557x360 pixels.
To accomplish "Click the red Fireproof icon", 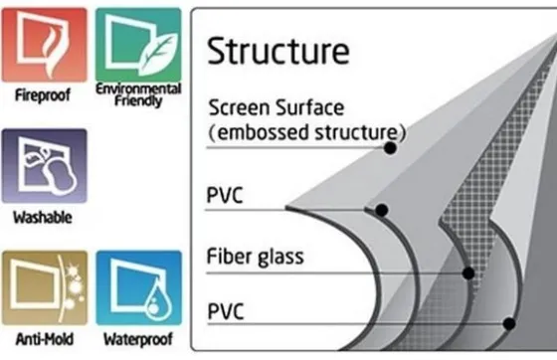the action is coord(44,45).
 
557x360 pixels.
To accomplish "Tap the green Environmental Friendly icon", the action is coord(138,45).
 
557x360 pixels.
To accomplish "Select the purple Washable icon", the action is coord(44,166).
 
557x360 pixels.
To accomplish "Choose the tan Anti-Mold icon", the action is coord(45,287).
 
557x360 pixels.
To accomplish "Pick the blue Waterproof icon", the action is coord(139,287).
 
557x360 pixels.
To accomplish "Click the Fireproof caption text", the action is coord(43,95).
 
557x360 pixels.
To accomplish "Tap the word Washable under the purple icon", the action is coord(43,217).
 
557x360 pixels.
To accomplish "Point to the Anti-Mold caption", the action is coord(45,339).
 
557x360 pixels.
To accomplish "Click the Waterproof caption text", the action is coord(138,339).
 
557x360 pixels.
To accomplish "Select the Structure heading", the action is coord(278,51).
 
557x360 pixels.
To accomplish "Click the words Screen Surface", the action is coord(277,107).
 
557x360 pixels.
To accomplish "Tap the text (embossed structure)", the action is coord(307,132).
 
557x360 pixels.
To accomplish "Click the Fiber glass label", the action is coord(255,257).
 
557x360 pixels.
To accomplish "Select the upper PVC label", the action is coord(225,195).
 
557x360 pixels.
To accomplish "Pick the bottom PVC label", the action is coord(226,311).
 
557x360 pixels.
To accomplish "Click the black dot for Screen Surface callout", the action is coord(390,148).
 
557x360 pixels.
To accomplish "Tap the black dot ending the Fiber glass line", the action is coord(468,273).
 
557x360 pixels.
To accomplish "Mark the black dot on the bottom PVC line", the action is coord(509,324).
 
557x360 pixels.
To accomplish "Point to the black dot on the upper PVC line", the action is coord(382,210).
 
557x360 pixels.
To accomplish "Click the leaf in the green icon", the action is coord(158,54).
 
